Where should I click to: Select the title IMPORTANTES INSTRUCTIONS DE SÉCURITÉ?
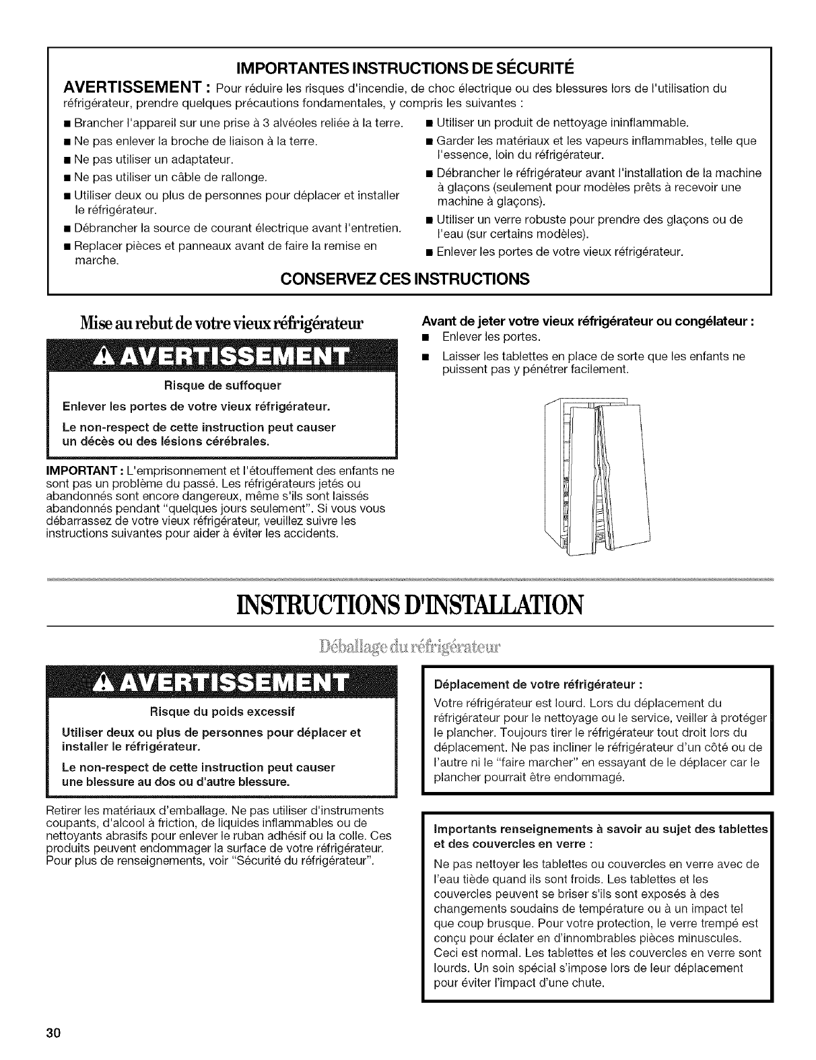coord(409,69)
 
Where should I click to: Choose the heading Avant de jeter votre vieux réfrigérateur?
coord(586,322)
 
